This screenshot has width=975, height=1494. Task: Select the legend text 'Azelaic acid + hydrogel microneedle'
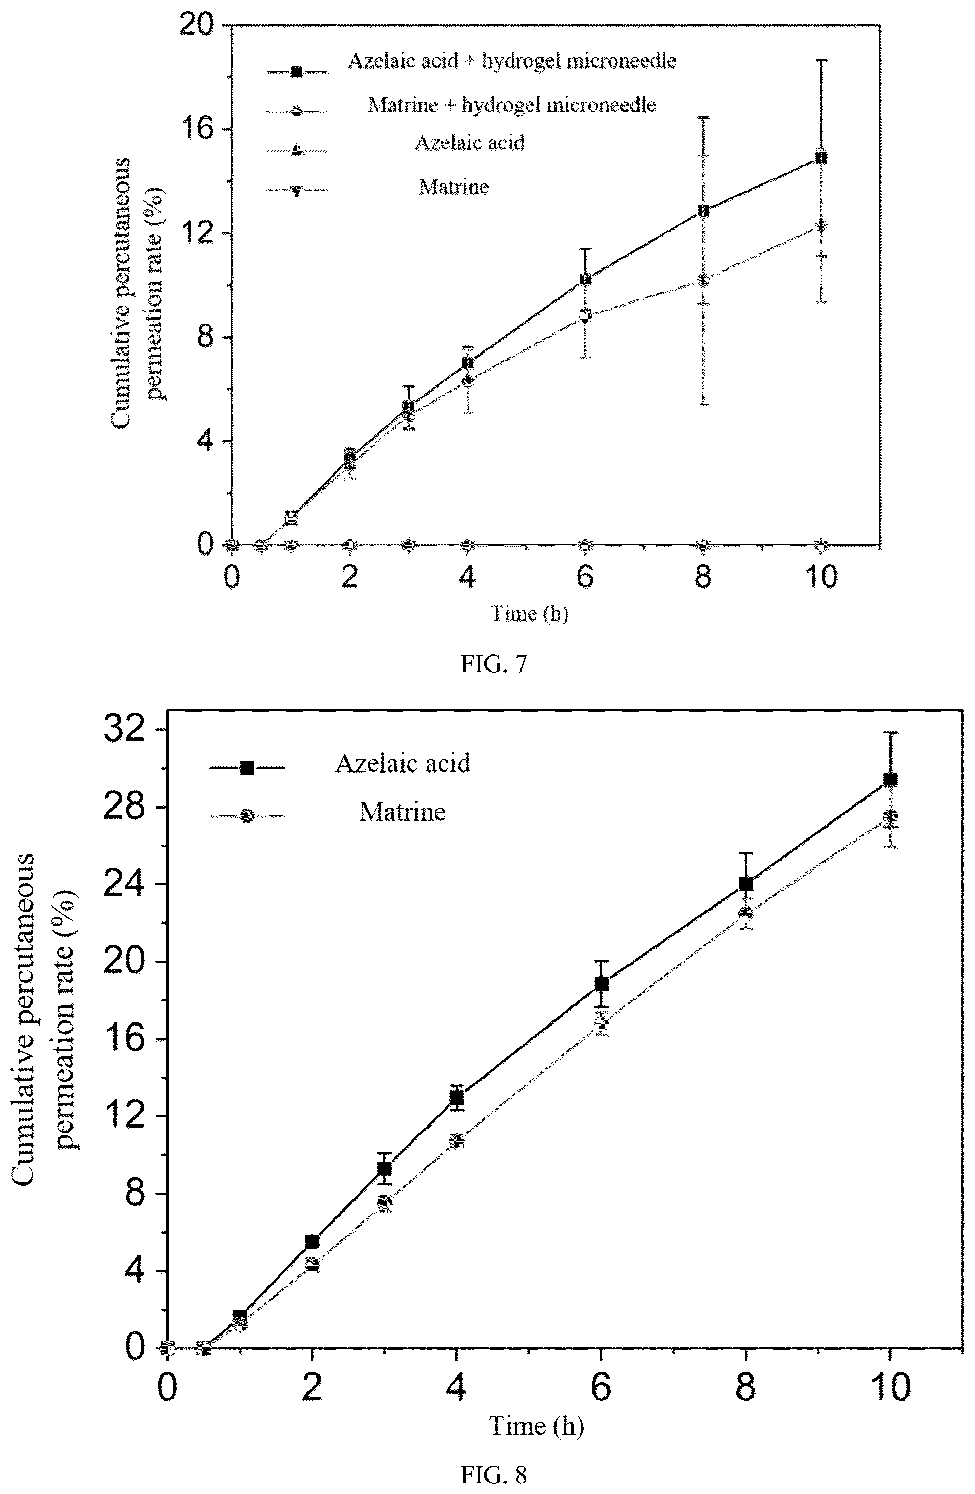click(512, 61)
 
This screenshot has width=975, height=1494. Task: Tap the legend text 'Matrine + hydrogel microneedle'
click(512, 104)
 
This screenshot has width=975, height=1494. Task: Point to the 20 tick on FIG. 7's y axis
click(196, 25)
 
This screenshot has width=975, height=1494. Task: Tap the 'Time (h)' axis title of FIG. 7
click(530, 613)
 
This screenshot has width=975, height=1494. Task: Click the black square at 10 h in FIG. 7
click(820, 158)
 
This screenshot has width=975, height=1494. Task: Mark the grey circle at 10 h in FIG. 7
click(820, 226)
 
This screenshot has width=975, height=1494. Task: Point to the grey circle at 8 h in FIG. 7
click(703, 280)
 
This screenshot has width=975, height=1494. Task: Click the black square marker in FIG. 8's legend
click(247, 768)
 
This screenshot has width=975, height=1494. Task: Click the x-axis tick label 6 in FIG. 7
click(585, 577)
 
